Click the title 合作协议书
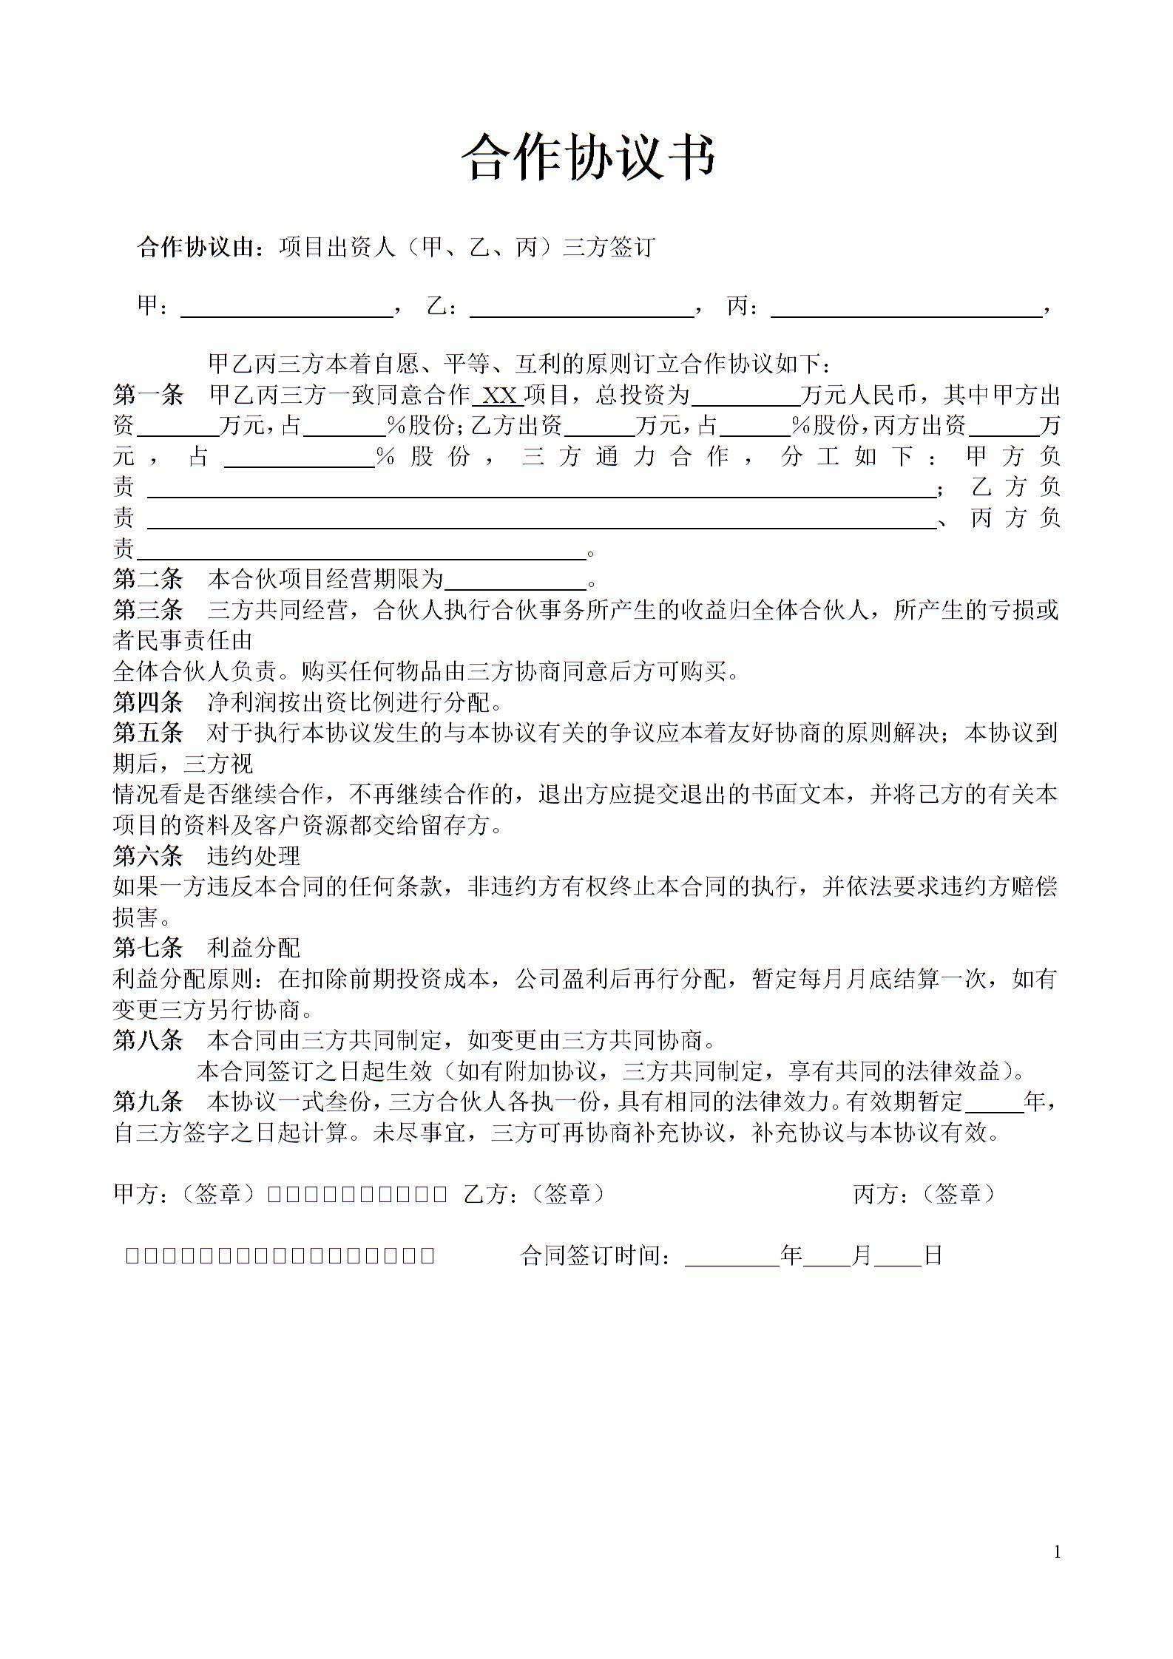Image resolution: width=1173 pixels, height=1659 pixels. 589,157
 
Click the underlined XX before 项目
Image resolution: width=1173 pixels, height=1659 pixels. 499,396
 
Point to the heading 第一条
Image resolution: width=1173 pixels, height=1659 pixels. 148,396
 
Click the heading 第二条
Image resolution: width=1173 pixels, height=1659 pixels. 148,579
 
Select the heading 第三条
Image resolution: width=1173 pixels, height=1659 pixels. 148,610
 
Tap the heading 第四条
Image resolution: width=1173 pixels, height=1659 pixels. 148,702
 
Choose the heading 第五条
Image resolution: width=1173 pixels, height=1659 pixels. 148,733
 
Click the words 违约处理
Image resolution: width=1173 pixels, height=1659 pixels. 254,856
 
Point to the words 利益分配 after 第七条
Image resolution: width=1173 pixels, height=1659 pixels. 254,948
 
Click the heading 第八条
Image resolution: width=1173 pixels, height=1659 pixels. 148,1040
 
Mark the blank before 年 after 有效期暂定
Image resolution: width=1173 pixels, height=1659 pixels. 994,1103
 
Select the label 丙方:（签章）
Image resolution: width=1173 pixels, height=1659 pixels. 924,1194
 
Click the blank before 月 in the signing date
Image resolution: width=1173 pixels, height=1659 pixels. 826,1257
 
